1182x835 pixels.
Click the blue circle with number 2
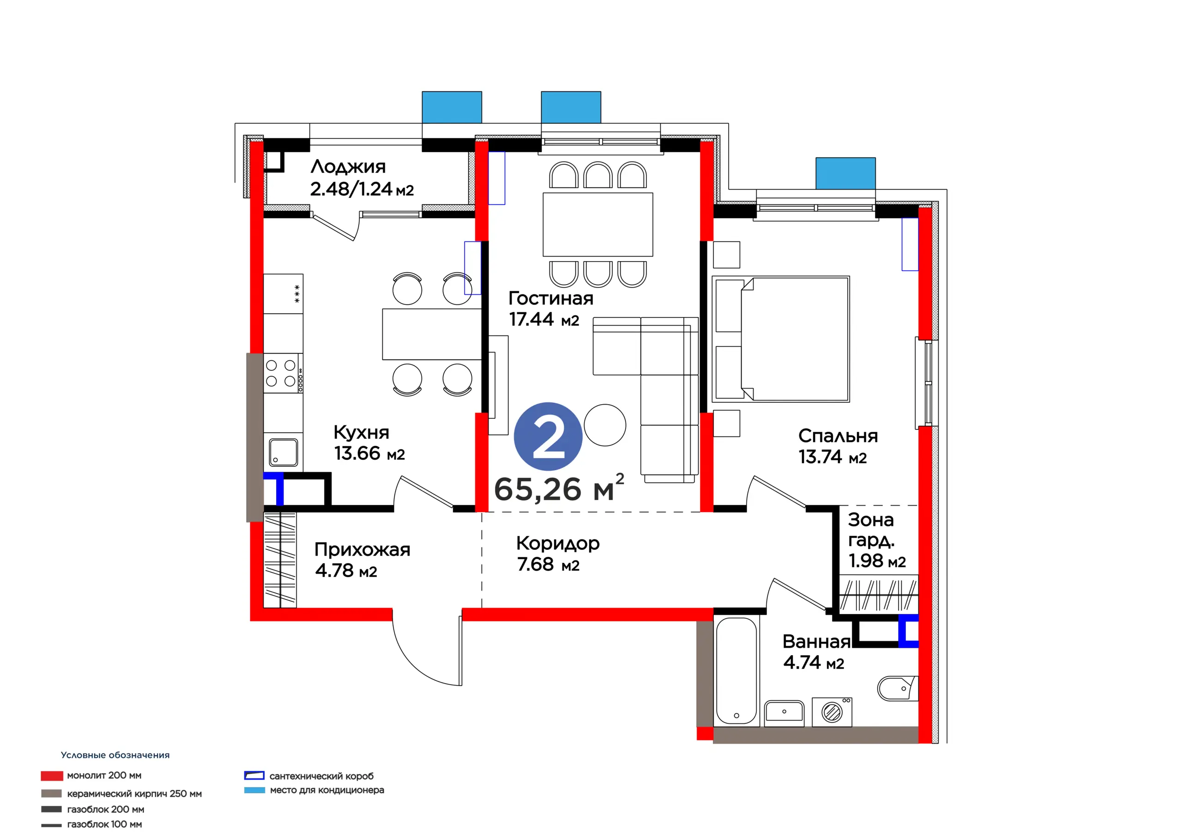[548, 436]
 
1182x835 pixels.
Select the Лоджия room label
[348, 167]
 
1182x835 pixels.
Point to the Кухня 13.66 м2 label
[369, 443]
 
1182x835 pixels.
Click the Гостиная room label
[551, 298]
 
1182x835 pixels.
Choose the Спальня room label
[838, 436]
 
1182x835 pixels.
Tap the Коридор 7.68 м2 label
[558, 554]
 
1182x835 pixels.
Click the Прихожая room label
[362, 549]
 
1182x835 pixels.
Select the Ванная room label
[816, 642]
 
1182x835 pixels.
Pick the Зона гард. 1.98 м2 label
[877, 540]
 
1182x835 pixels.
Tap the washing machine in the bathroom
[832, 712]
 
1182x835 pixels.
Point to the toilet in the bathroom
[897, 688]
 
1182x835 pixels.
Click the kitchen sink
[283, 452]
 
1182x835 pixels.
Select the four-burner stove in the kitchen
[283, 373]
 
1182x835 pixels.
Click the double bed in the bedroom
[780, 339]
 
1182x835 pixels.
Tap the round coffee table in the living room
[605, 425]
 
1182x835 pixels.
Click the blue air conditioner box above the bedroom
[845, 173]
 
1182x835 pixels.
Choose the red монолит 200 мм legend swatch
[52, 776]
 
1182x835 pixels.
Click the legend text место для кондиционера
[327, 790]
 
